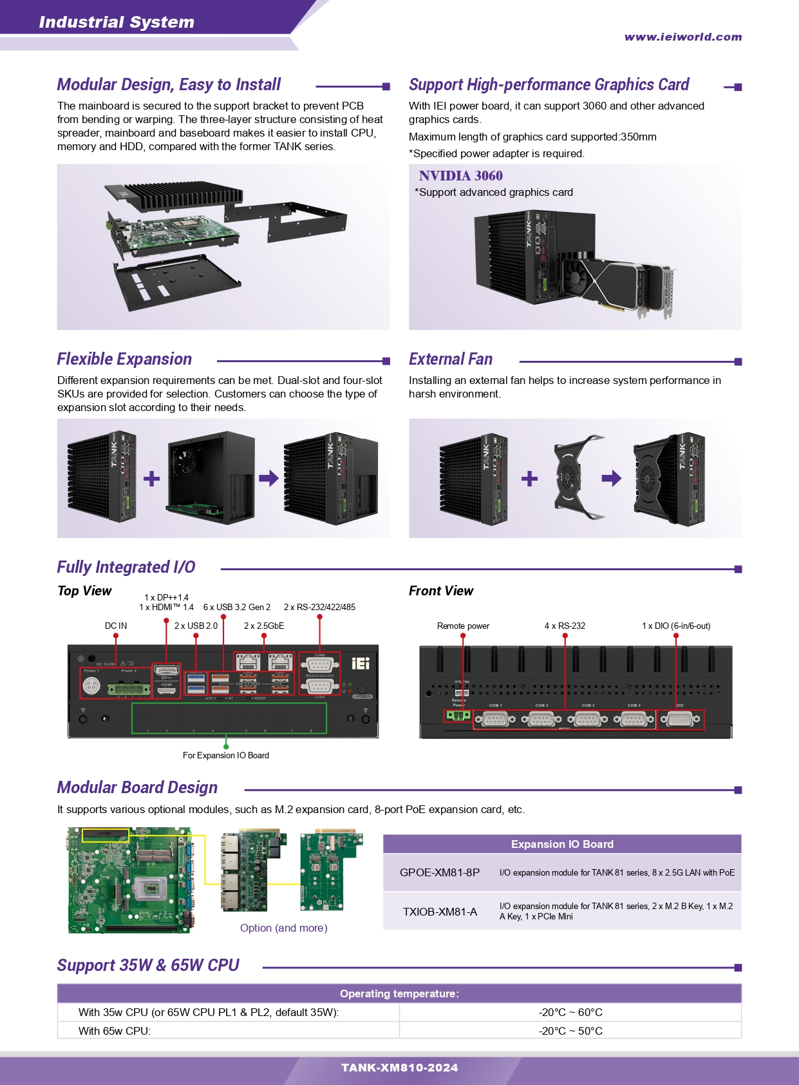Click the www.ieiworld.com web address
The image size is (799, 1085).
[682, 37]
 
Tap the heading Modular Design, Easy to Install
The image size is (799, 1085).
[169, 85]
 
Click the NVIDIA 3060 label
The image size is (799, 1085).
[460, 176]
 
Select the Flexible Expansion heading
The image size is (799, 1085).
[124, 360]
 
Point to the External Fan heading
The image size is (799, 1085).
[451, 360]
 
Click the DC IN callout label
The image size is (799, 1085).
[116, 626]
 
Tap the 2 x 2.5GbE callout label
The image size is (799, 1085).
[264, 626]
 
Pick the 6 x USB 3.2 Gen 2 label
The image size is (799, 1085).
[237, 607]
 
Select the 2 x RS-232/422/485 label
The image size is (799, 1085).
[319, 607]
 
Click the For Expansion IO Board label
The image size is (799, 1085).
[226, 755]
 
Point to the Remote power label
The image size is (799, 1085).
[463, 626]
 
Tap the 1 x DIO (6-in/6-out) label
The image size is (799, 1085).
[676, 626]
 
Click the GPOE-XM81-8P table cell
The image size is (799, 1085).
[440, 872]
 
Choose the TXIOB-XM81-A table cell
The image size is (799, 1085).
[440, 912]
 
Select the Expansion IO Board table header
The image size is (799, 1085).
[562, 844]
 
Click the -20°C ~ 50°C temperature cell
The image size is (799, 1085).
[570, 1031]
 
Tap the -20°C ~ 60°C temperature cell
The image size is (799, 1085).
[570, 1012]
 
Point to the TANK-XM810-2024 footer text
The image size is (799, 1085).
[399, 1068]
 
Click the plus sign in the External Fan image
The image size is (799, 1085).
[529, 479]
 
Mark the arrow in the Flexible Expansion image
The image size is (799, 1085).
[268, 478]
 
